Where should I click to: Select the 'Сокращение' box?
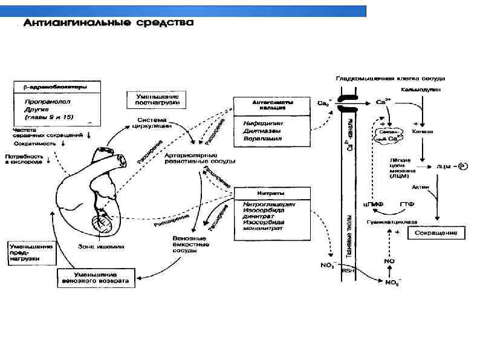pyautogui.click(x=435, y=233)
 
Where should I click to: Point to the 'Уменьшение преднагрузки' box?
pyautogui.click(x=31, y=253)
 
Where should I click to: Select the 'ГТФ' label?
pyautogui.click(x=407, y=205)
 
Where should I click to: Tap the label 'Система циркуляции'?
pyautogui.click(x=155, y=123)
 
